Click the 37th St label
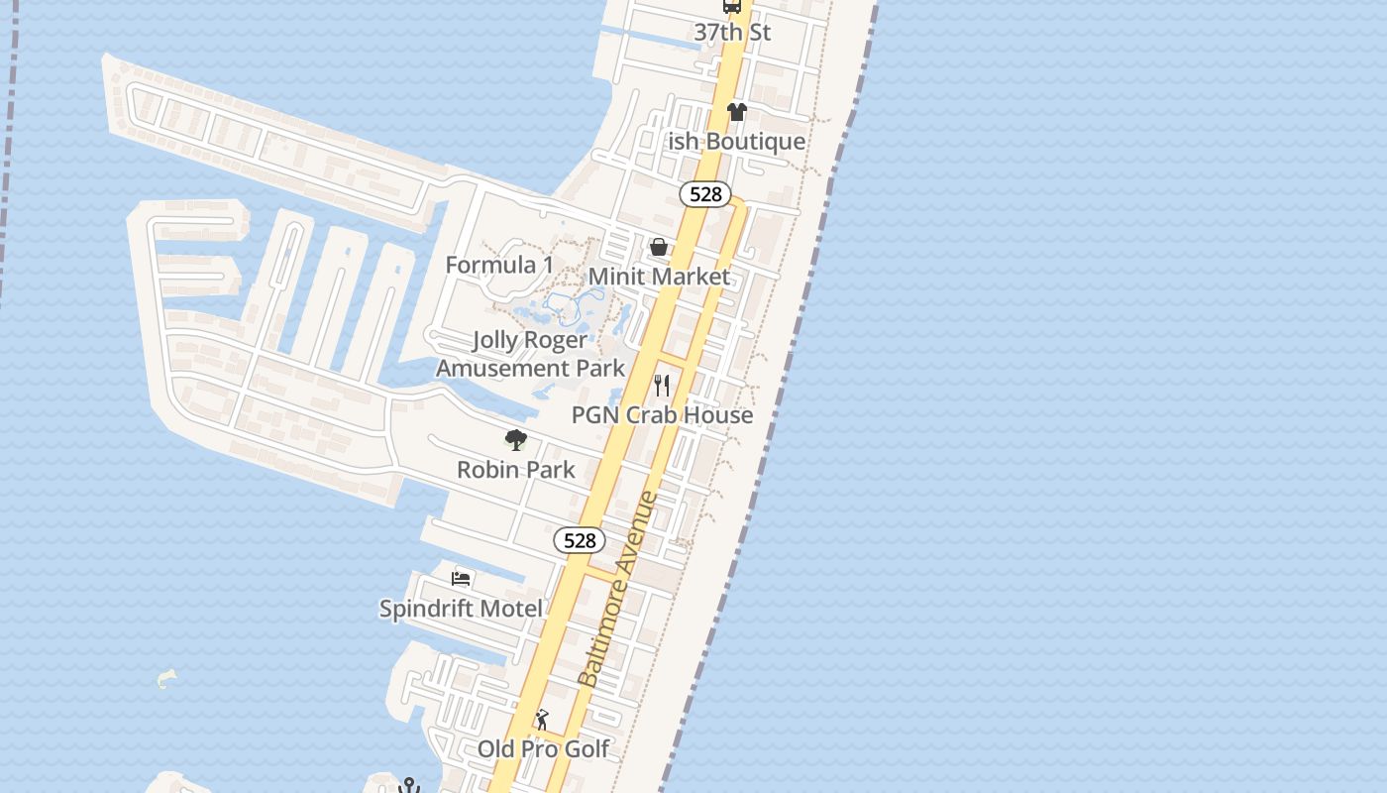[x=732, y=32]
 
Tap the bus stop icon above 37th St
[x=732, y=6]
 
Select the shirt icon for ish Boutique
[x=736, y=112]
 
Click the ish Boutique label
[x=736, y=142]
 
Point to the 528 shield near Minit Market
[x=705, y=194]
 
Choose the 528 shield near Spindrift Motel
[x=580, y=540]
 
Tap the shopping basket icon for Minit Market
[x=659, y=247]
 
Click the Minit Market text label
[x=659, y=277]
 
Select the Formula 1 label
[x=499, y=265]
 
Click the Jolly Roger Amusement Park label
[x=531, y=354]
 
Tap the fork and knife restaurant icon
[x=662, y=385]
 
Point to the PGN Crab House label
[x=662, y=414]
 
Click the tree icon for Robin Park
[x=515, y=440]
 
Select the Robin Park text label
[x=515, y=469]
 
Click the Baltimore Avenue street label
[x=618, y=589]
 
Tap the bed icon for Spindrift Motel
[x=461, y=578]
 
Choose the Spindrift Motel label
[x=461, y=608]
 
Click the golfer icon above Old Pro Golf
[x=542, y=720]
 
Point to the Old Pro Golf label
[x=543, y=748]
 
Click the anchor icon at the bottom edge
[x=408, y=786]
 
